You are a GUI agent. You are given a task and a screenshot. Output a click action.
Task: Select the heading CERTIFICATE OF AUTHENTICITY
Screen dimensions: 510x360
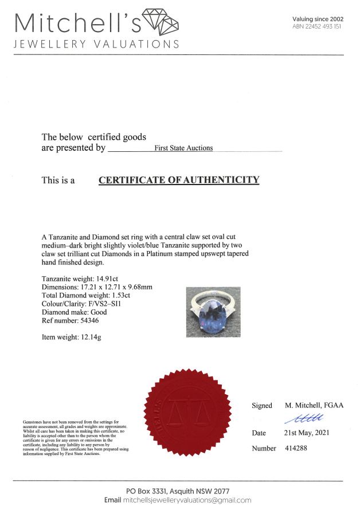[x=179, y=180]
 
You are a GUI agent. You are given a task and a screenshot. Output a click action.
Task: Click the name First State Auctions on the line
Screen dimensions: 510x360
[x=183, y=148]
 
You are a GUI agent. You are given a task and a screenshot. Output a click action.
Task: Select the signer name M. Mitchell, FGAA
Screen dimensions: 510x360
[x=314, y=405]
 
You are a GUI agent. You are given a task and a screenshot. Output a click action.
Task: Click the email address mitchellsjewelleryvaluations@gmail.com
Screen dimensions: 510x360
[x=187, y=500]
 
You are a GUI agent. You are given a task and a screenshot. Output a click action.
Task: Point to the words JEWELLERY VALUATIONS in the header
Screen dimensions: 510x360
[x=96, y=45]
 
